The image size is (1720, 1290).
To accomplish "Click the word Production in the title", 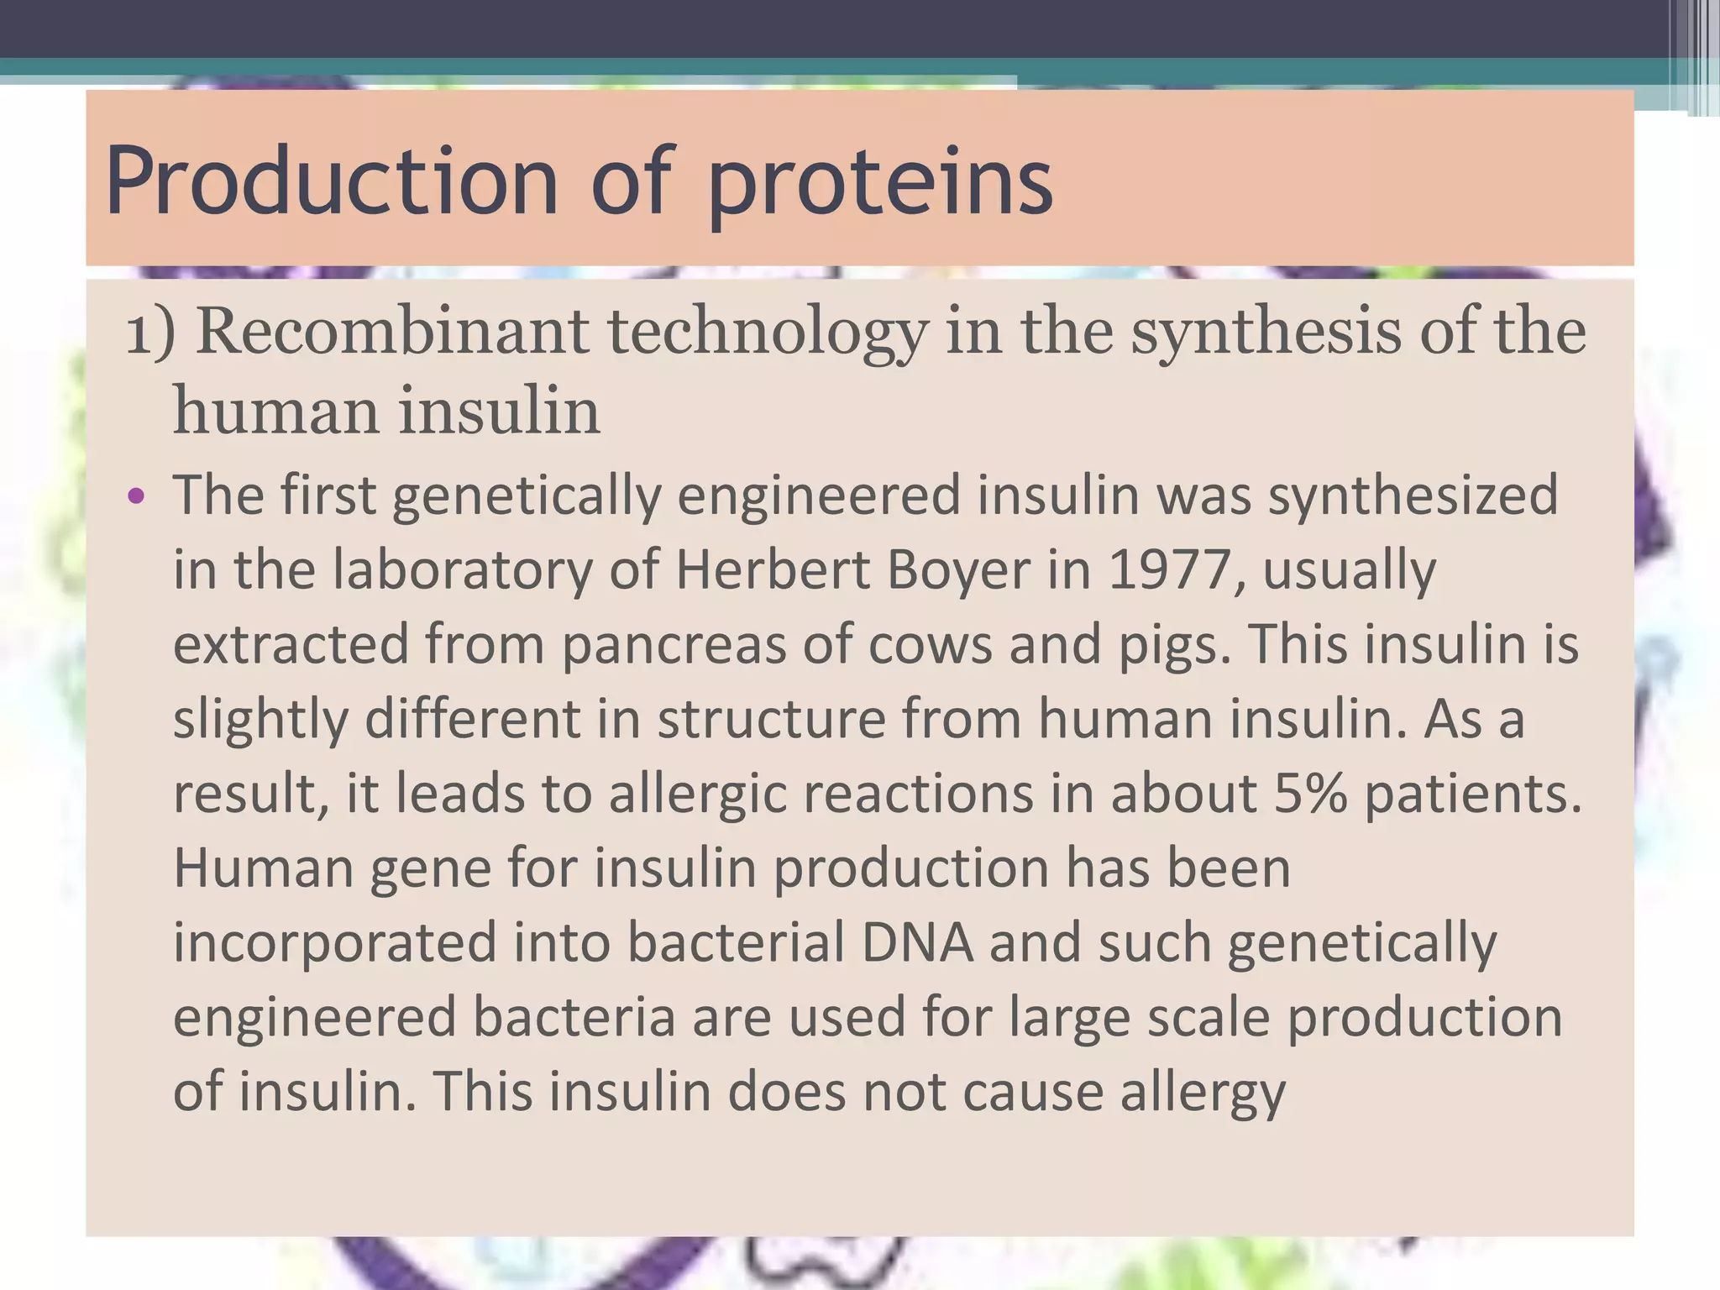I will (332, 181).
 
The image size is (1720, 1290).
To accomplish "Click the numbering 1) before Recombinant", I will (150, 333).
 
